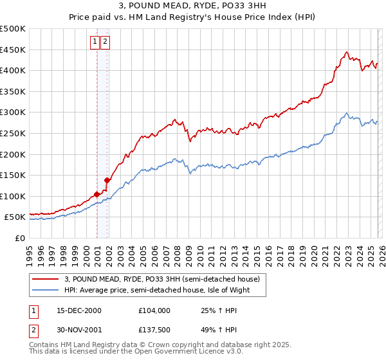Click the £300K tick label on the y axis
(x=13, y=113)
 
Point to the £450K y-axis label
(x=13, y=50)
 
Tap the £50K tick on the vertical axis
(x=15, y=217)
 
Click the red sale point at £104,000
(x=96, y=194)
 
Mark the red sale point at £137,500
(x=107, y=180)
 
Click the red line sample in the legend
(x=46, y=279)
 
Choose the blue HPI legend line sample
(x=46, y=290)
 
